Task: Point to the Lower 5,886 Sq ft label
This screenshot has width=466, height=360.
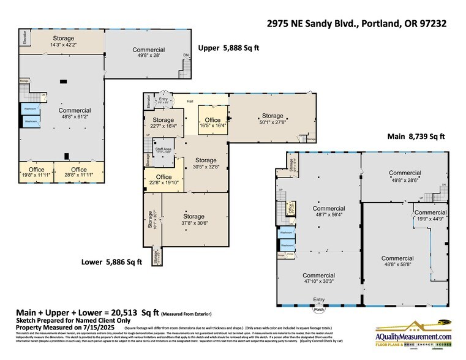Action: [x=111, y=262]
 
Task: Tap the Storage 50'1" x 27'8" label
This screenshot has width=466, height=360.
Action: [x=272, y=119]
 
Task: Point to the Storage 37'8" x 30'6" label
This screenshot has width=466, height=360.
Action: [x=194, y=220]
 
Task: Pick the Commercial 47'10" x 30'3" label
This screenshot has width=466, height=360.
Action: [x=318, y=279]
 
